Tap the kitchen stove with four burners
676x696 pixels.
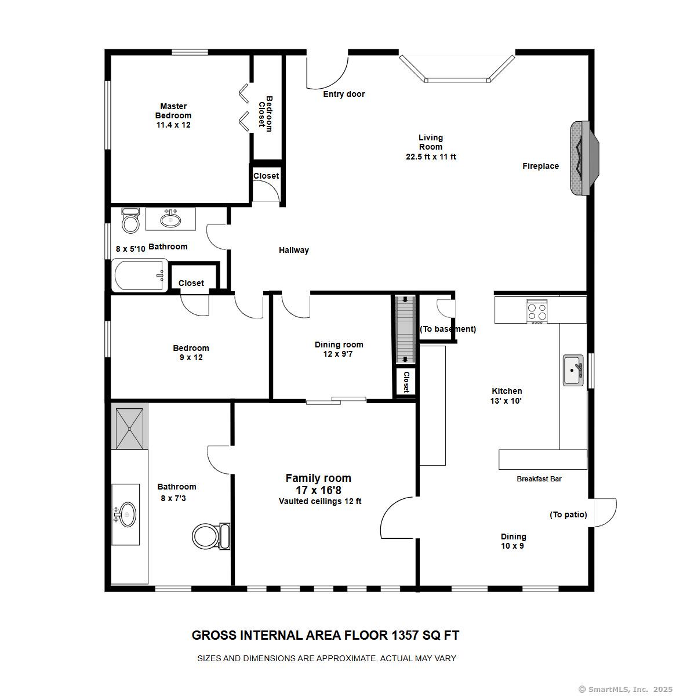[x=537, y=311]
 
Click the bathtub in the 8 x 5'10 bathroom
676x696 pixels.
[x=139, y=276]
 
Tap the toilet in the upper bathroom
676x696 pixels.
[x=131, y=220]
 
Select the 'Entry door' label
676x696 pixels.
[x=344, y=94]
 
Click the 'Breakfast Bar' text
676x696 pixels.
[x=539, y=479]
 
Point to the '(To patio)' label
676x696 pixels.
[x=568, y=514]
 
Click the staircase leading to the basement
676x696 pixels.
[x=405, y=328]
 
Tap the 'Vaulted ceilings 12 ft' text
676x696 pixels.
[x=320, y=501]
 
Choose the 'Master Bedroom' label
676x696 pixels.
[x=173, y=111]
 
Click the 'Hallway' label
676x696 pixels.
[x=293, y=250]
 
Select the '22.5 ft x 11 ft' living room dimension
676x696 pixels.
[x=431, y=157]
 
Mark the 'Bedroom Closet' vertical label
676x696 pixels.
[x=265, y=114]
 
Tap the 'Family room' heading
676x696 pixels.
[x=318, y=478]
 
